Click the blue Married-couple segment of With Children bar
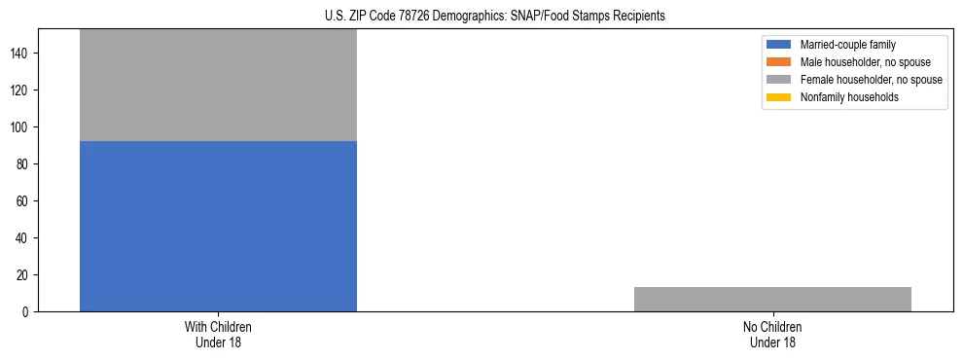tap(218, 226)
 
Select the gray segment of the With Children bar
tap(218, 86)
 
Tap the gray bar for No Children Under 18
tap(772, 299)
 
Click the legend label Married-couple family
tap(848, 45)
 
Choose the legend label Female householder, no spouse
tap(871, 80)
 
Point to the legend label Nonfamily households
tap(849, 97)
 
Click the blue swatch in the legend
tap(779, 45)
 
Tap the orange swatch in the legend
tap(779, 62)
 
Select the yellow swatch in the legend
tap(779, 97)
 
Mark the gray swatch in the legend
tap(779, 80)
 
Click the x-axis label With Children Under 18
tap(218, 334)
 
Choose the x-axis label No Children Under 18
tap(772, 334)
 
